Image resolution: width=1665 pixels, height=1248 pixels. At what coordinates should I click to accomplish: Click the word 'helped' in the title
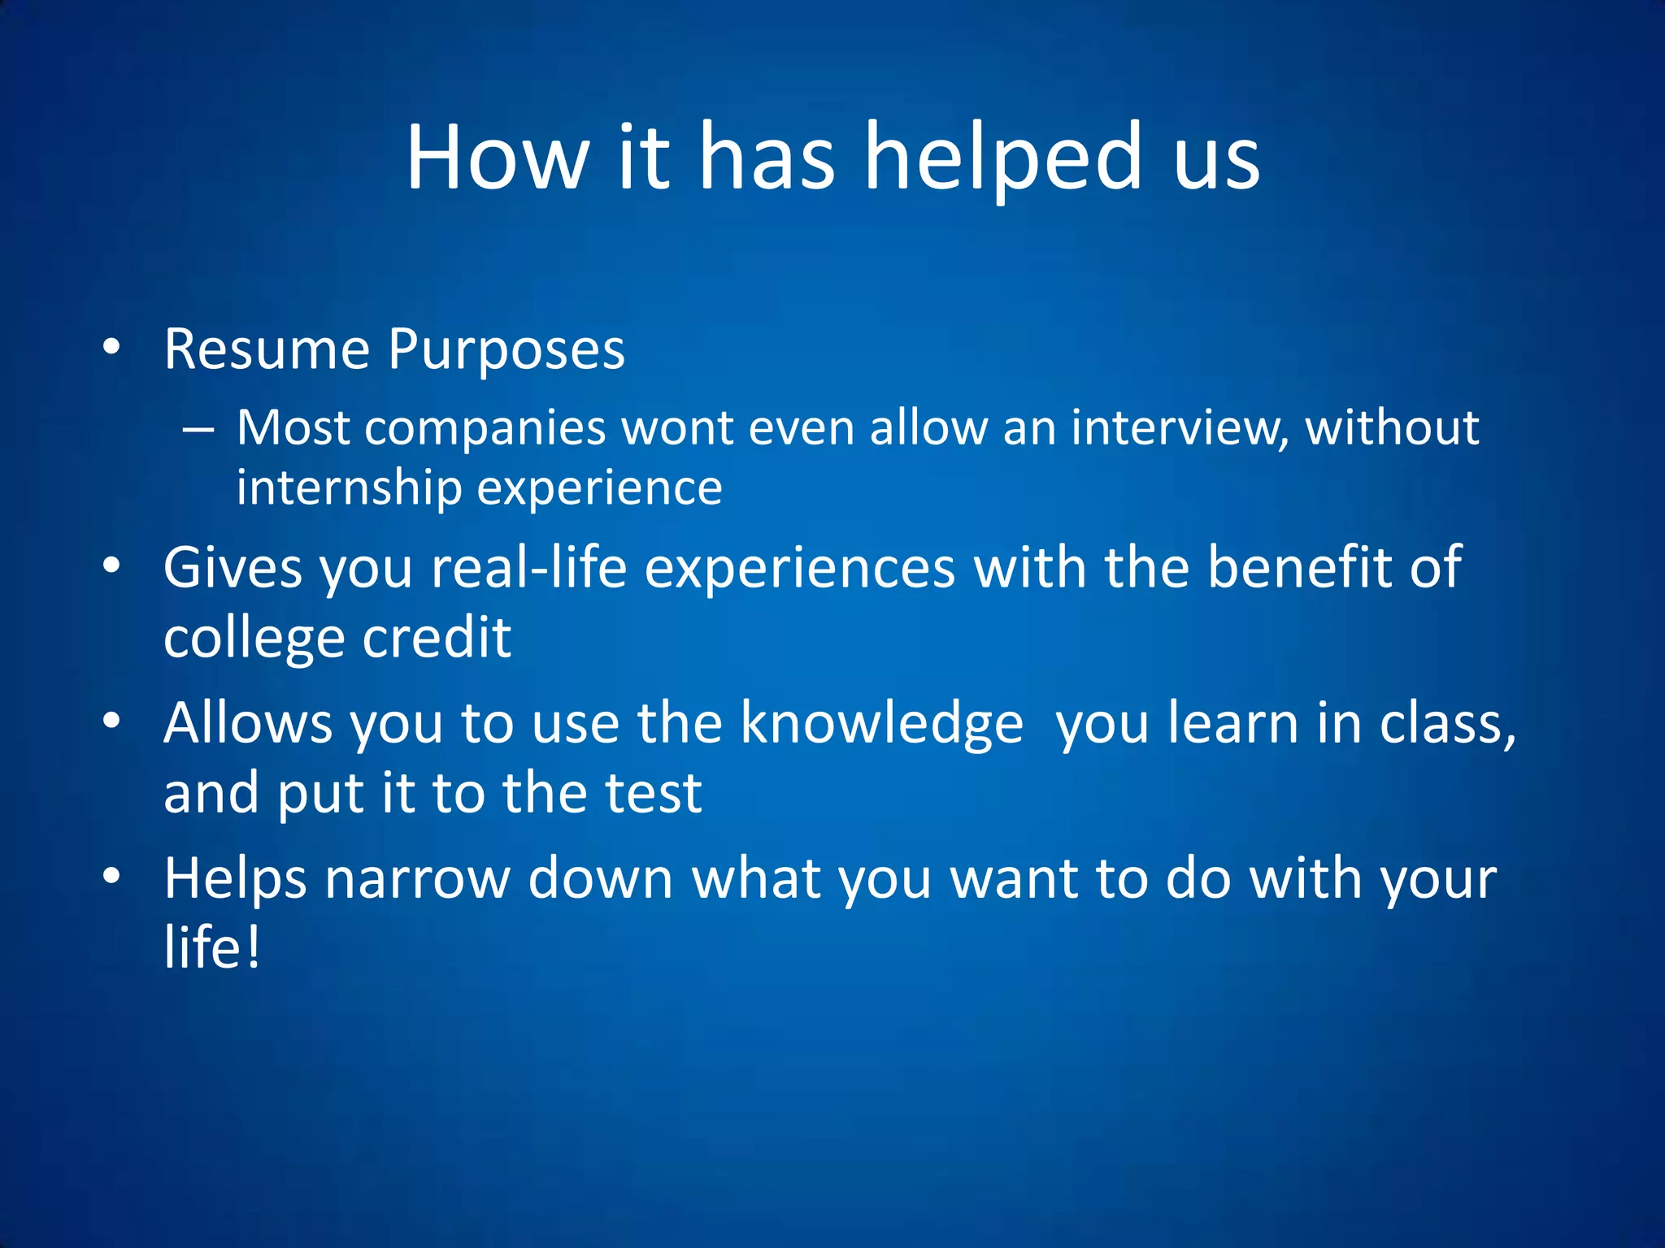(1003, 158)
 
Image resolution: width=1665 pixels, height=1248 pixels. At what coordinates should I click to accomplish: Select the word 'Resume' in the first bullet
(267, 349)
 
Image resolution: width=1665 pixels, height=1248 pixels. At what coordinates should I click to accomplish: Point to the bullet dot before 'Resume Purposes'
(111, 348)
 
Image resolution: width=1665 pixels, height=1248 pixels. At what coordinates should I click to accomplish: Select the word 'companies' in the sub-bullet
(485, 428)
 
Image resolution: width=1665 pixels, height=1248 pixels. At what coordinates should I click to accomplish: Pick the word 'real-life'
(528, 567)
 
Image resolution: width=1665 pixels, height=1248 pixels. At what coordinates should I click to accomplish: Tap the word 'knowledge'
(881, 723)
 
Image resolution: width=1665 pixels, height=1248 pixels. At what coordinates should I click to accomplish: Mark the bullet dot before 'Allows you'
(111, 721)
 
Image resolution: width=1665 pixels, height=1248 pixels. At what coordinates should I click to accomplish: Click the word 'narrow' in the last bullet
(417, 878)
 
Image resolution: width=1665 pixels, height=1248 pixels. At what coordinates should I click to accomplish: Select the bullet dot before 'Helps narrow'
(111, 876)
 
